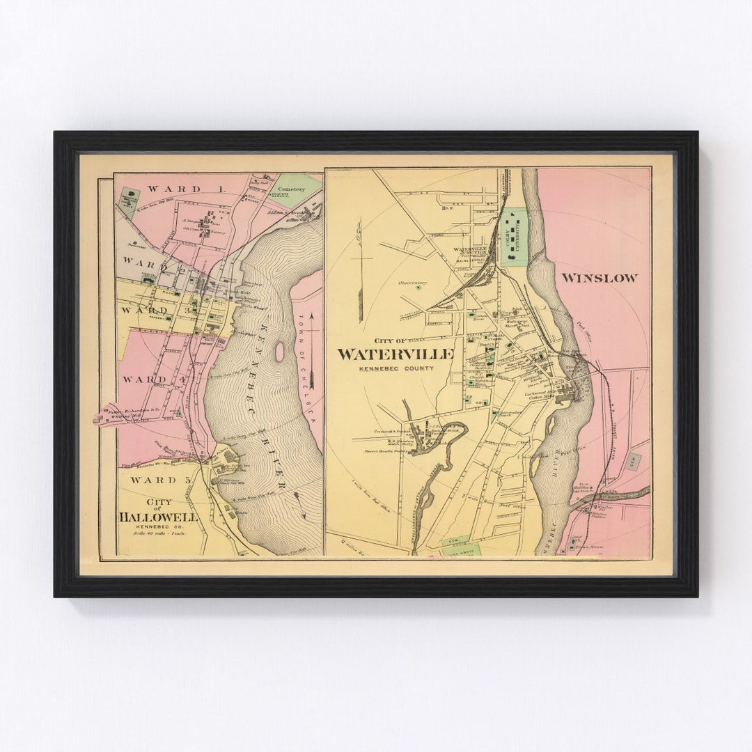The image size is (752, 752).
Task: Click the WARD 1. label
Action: tap(175, 189)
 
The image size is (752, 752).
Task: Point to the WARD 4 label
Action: tap(145, 379)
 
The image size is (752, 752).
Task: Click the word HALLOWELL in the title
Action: tap(157, 517)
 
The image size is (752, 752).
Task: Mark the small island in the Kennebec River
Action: tap(279, 352)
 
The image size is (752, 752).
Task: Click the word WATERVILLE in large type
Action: tap(395, 354)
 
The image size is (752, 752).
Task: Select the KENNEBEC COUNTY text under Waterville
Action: tap(395, 368)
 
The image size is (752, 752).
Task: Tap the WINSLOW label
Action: tap(599, 278)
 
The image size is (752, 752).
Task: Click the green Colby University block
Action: tap(515, 237)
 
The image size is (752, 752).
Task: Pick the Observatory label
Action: tap(412, 283)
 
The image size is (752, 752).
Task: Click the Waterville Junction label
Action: tap(473, 251)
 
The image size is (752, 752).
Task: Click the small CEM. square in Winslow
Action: tap(632, 461)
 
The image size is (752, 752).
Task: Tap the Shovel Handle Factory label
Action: tap(384, 451)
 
